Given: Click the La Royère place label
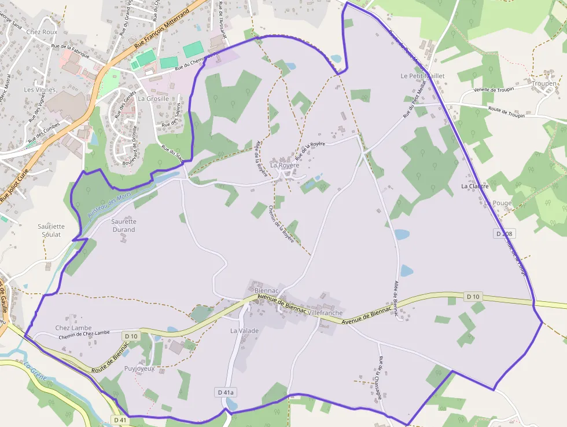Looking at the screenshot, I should [x=285, y=165].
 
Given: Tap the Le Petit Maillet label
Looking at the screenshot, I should [x=422, y=76].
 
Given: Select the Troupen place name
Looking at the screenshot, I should [x=543, y=83].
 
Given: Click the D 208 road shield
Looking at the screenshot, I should [x=505, y=233].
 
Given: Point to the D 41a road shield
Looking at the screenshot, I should [x=226, y=392].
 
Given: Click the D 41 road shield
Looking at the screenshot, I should [x=120, y=419].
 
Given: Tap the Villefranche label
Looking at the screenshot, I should [x=326, y=312].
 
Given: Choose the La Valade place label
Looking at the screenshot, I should [x=244, y=331].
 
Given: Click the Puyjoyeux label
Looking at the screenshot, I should [x=139, y=368].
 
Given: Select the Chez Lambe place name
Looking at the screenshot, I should [x=73, y=328].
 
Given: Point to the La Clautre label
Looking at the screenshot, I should [x=474, y=187].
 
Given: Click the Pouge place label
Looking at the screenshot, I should [x=502, y=203].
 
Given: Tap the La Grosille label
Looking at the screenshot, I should [x=153, y=98].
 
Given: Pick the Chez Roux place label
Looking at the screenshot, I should [x=42, y=32].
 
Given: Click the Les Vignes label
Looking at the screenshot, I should [x=40, y=90].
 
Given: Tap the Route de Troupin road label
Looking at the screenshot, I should [x=506, y=112].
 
